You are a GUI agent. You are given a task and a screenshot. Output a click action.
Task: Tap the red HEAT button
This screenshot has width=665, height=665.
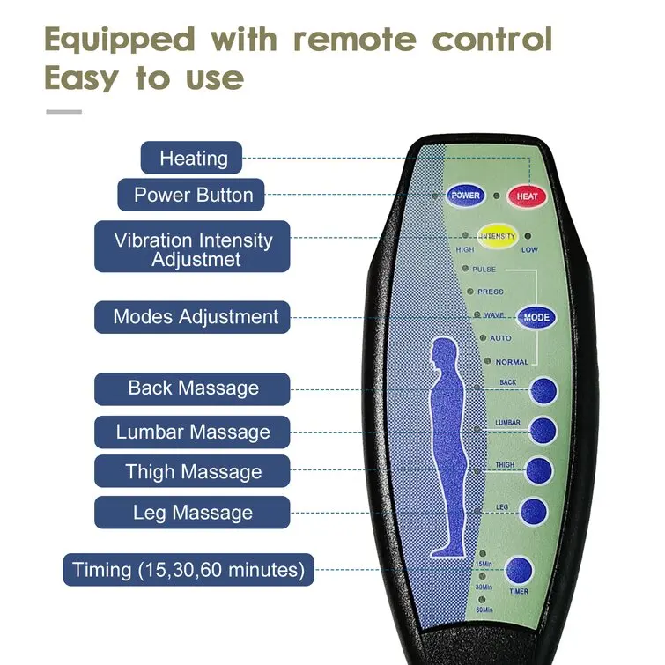(527, 196)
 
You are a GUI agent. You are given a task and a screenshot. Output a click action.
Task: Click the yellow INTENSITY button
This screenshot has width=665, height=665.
(497, 237)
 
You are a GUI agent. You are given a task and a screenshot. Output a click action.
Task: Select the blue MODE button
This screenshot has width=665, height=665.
(536, 318)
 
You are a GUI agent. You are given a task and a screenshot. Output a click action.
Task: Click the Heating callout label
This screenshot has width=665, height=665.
(193, 159)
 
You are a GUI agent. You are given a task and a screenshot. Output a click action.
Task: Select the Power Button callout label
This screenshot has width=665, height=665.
(193, 195)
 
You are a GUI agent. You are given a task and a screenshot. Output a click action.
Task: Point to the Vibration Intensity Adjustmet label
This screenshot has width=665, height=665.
(193, 249)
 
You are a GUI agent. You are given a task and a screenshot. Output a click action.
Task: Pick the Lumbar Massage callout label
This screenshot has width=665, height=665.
(193, 432)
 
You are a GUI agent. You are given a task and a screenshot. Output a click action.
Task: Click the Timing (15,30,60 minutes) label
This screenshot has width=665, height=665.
(188, 569)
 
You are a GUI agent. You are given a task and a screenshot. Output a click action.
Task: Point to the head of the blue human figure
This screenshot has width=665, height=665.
(442, 357)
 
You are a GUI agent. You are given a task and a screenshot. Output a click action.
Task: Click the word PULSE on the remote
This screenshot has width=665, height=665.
(484, 270)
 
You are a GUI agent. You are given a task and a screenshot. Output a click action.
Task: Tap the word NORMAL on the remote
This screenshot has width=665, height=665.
(512, 362)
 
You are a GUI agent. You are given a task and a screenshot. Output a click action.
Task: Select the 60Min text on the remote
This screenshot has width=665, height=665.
(484, 610)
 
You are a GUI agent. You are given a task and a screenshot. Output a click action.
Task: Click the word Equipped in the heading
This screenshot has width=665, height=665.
(120, 40)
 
